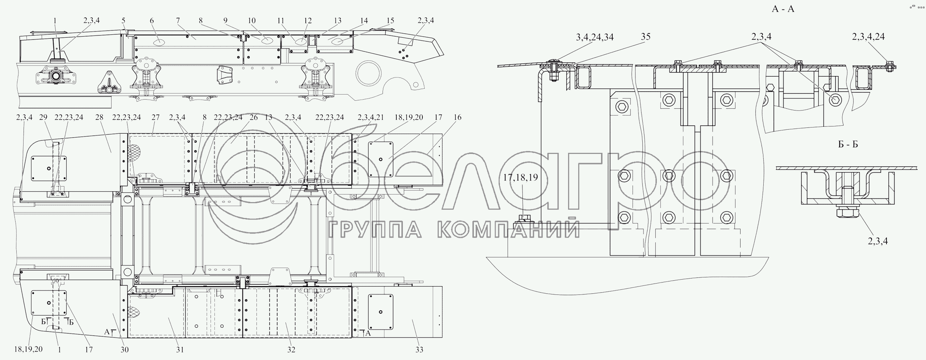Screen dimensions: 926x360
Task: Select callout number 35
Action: coord(646,37)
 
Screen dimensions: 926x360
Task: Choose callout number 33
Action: coord(419,350)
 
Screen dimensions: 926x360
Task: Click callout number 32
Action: coord(291,350)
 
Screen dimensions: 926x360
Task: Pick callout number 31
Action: coord(180,350)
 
